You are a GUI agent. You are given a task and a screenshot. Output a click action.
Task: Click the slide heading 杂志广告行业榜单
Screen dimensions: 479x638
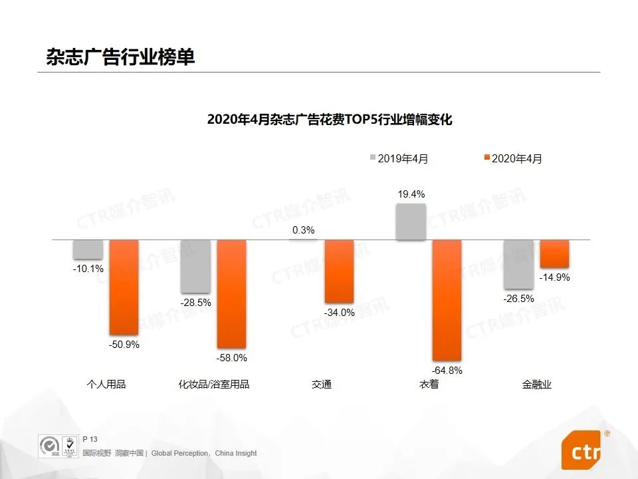coord(120,57)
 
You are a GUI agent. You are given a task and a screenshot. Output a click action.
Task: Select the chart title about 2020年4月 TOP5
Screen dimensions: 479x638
coord(329,120)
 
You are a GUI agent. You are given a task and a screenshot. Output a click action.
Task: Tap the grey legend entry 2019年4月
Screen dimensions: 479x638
coord(399,158)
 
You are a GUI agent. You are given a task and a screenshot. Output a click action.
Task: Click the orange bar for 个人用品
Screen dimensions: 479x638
coord(124,287)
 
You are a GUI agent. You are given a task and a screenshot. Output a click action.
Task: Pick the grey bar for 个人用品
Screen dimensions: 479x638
coord(88,249)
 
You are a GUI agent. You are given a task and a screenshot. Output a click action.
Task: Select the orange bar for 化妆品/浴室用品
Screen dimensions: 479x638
coord(231,293)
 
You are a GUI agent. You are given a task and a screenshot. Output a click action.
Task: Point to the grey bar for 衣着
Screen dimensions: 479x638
coord(411,222)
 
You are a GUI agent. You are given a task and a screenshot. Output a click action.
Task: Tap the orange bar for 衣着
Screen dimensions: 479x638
coord(447,300)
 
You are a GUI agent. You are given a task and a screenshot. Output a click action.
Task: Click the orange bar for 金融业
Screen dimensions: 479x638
coord(554,253)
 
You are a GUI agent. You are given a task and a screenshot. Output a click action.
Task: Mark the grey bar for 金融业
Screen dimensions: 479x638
coord(518,263)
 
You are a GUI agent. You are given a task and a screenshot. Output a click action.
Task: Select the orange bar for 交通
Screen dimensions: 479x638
coord(339,271)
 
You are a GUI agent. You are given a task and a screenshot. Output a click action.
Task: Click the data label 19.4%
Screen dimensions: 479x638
coord(411,194)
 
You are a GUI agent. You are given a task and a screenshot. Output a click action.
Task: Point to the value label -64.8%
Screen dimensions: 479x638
coord(447,371)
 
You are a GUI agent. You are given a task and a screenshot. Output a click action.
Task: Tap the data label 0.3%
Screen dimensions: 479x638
coord(303,230)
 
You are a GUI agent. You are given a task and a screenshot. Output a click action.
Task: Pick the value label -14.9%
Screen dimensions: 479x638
coord(554,277)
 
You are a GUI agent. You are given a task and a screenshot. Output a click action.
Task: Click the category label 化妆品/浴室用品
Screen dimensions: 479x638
coord(214,385)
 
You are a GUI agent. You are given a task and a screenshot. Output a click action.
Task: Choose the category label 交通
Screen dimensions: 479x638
coord(322,385)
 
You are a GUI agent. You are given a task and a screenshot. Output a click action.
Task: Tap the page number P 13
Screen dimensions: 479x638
coord(90,439)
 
